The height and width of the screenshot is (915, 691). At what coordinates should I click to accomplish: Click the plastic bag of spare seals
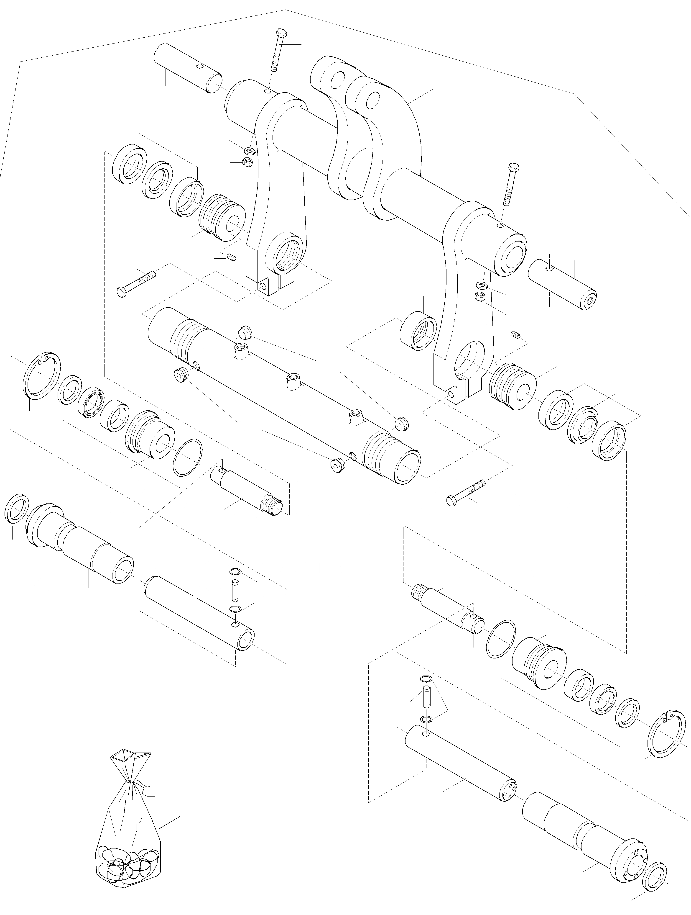coord(128,844)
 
